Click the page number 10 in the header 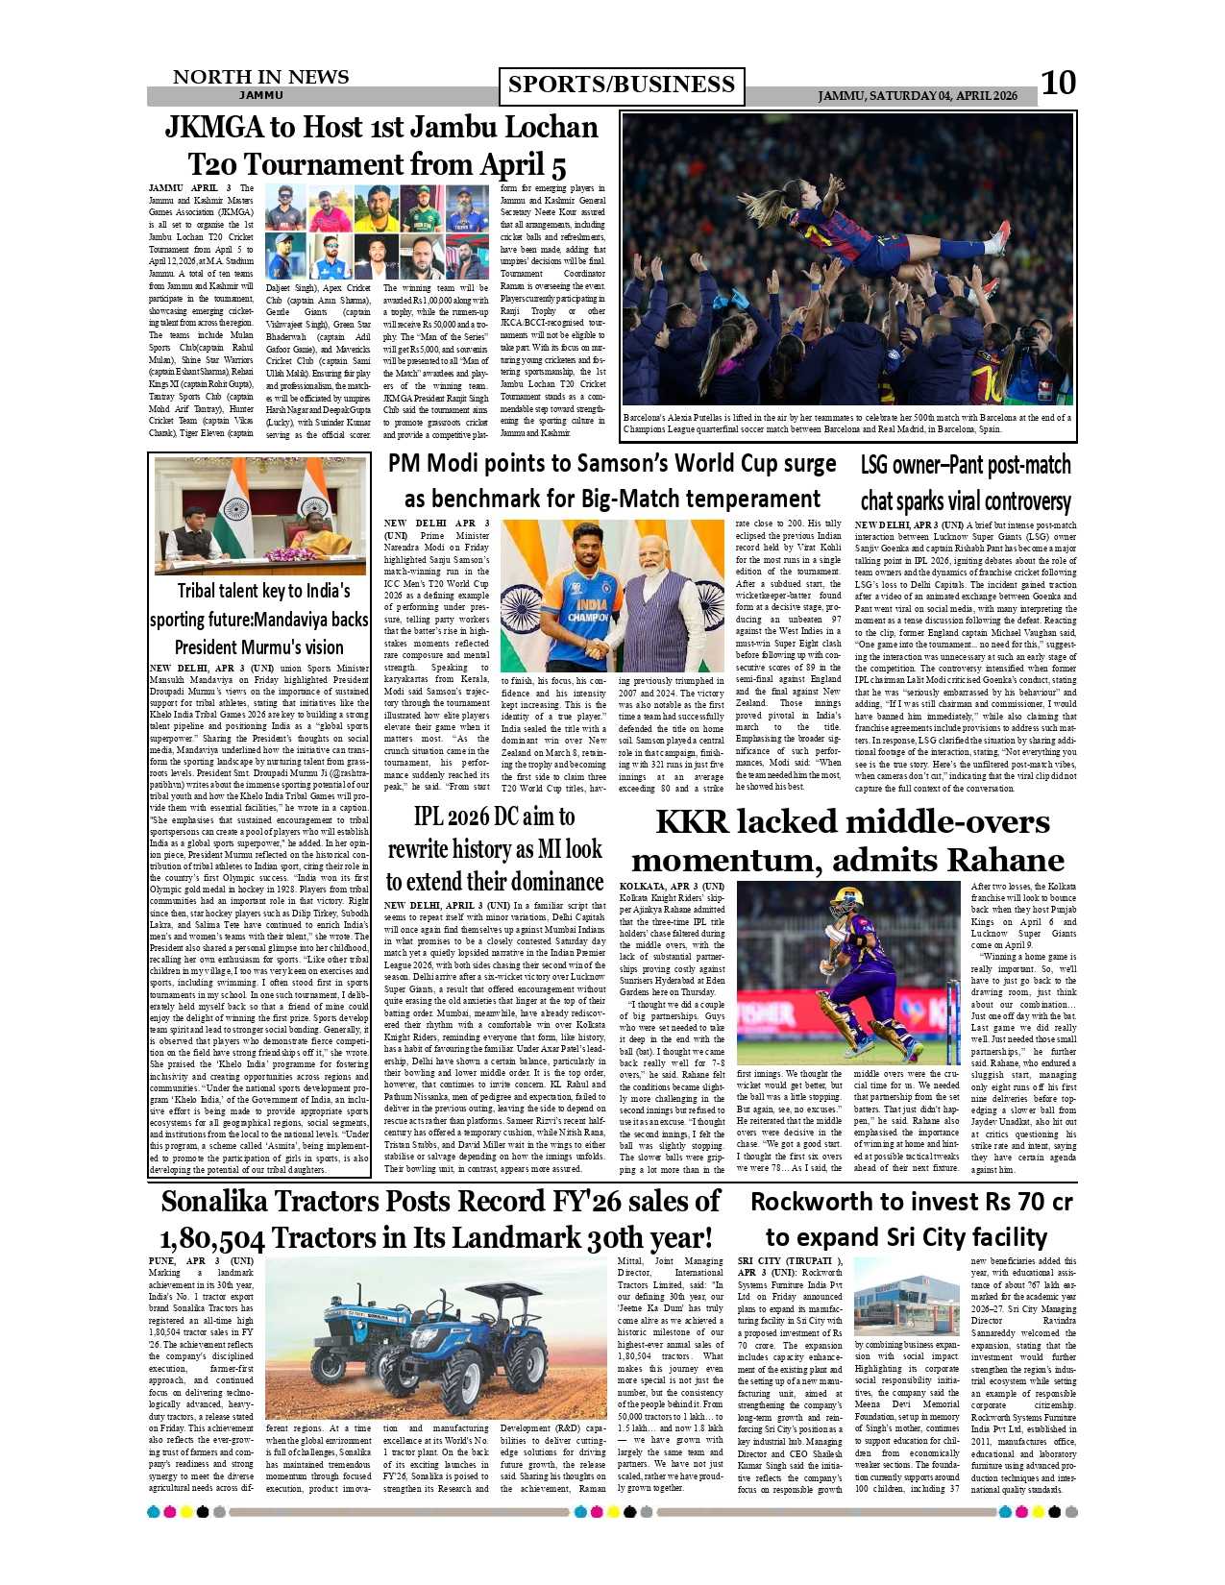pyautogui.click(x=1058, y=84)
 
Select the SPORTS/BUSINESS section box pyautogui.click(x=621, y=85)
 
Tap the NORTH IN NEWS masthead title pyautogui.click(x=260, y=77)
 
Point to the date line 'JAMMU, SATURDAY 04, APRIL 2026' pyautogui.click(x=917, y=96)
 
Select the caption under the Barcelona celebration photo pyautogui.click(x=847, y=424)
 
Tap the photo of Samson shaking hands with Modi pyautogui.click(x=612, y=596)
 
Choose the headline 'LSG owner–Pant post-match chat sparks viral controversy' pyautogui.click(x=965, y=483)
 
